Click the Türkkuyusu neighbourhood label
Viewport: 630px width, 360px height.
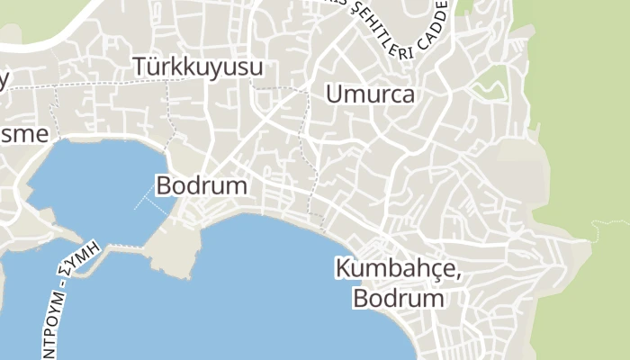point(198,67)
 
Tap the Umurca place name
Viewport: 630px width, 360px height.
point(371,94)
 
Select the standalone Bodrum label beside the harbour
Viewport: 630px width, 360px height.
point(202,186)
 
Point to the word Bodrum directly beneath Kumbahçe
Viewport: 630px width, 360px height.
point(399,298)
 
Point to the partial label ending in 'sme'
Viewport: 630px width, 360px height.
point(17,133)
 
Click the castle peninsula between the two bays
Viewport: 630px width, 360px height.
point(173,247)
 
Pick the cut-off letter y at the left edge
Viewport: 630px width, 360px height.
point(4,81)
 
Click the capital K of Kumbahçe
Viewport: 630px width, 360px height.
point(343,268)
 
